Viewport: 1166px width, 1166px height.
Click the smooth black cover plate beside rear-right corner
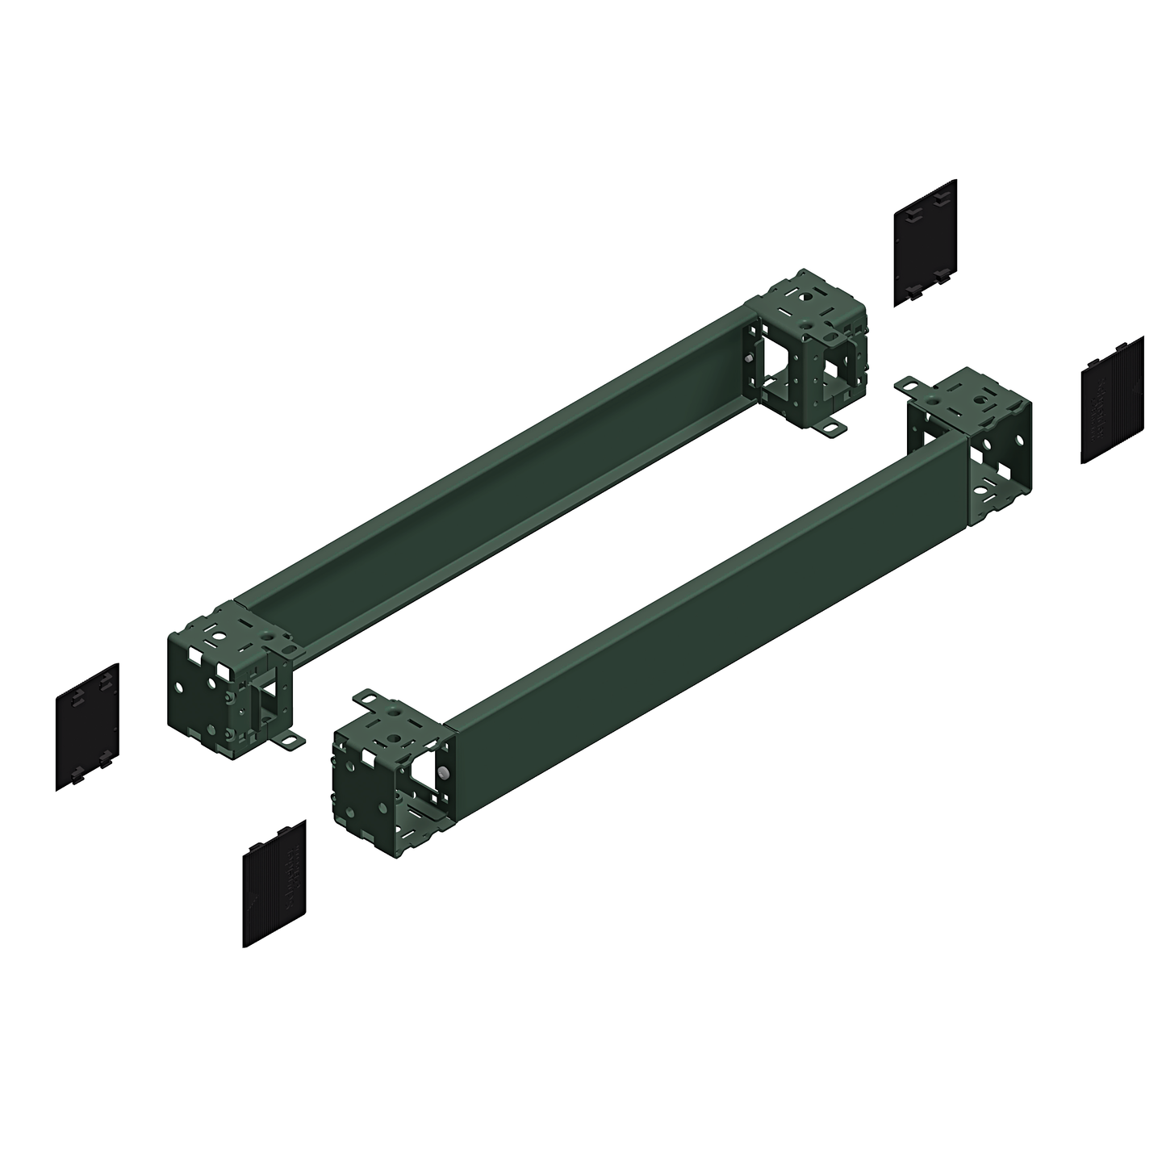point(926,242)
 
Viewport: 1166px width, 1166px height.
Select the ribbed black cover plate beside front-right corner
point(1111,399)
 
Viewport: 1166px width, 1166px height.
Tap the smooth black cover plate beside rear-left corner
point(87,726)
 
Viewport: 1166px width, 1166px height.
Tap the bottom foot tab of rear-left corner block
point(290,738)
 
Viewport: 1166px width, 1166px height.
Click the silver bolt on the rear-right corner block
point(751,360)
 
